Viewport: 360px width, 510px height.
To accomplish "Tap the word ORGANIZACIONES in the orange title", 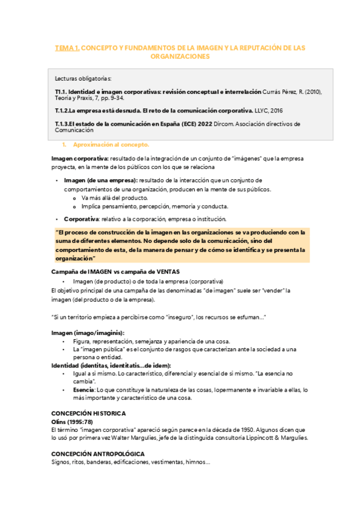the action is click(180, 56).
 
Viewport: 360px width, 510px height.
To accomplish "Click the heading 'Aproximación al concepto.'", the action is click(111, 145).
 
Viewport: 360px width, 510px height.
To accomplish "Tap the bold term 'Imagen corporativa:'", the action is click(76, 158).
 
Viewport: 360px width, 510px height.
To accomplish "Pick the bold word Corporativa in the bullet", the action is click(81, 218).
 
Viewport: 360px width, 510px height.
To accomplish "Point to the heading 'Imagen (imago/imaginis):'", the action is click(88, 333).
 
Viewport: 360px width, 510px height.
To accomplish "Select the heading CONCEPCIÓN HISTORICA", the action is click(88, 413).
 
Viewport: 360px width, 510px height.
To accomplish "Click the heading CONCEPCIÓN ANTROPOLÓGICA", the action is click(97, 453).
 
